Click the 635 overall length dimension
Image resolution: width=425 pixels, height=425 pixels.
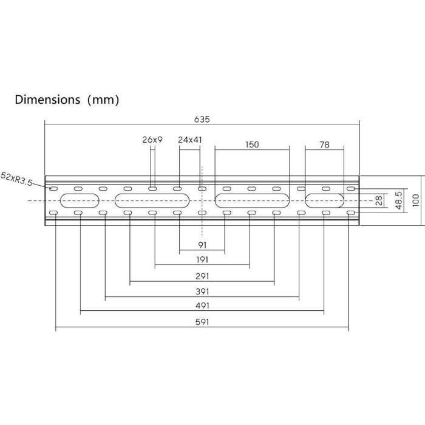pyautogui.click(x=202, y=119)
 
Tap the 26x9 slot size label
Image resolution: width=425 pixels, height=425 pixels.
pyautogui.click(x=152, y=140)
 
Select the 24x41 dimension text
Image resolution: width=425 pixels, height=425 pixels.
pyautogui.click(x=190, y=140)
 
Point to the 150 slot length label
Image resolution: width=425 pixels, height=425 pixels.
pyautogui.click(x=252, y=144)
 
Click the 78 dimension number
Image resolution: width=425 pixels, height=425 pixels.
pyautogui.click(x=324, y=144)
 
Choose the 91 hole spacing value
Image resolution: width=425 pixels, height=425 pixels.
pyautogui.click(x=202, y=245)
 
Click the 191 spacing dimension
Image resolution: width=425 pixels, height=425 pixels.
pyautogui.click(x=202, y=260)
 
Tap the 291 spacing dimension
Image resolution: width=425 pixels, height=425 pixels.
pyautogui.click(x=202, y=276)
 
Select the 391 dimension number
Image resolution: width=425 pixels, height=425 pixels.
pyautogui.click(x=202, y=291)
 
